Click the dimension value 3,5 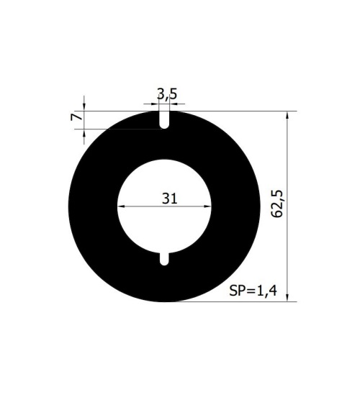tap(167, 94)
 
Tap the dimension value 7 tap(76, 117)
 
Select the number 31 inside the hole tap(170, 199)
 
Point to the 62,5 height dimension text tap(276, 204)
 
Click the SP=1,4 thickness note tap(253, 291)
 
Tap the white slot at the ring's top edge tap(164, 119)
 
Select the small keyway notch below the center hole tap(164, 259)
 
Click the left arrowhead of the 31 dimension tap(121, 206)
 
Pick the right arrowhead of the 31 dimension tap(207, 206)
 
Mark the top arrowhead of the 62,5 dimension tap(287, 115)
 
